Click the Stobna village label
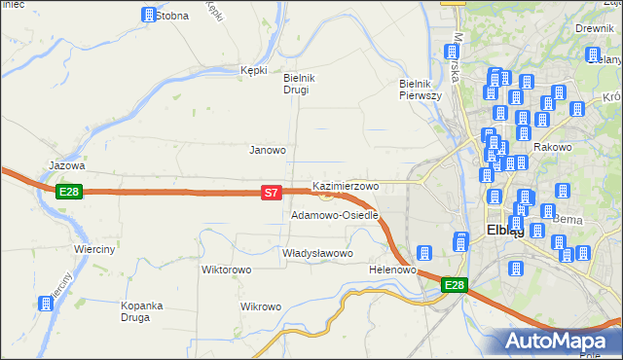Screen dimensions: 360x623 [x=172, y=16]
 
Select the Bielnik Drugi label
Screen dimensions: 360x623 [x=296, y=84]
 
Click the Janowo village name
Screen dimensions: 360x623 [x=268, y=150]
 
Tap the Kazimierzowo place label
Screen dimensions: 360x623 [x=346, y=185]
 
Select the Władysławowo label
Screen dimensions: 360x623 [x=316, y=253]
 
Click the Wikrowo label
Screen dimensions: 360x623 [x=261, y=306]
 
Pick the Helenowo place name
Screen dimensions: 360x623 [x=393, y=269]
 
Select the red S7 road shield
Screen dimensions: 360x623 [x=273, y=194]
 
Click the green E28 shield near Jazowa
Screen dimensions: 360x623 [x=68, y=192]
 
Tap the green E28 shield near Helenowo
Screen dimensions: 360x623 [x=455, y=285]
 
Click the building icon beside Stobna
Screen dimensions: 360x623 [x=148, y=16]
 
